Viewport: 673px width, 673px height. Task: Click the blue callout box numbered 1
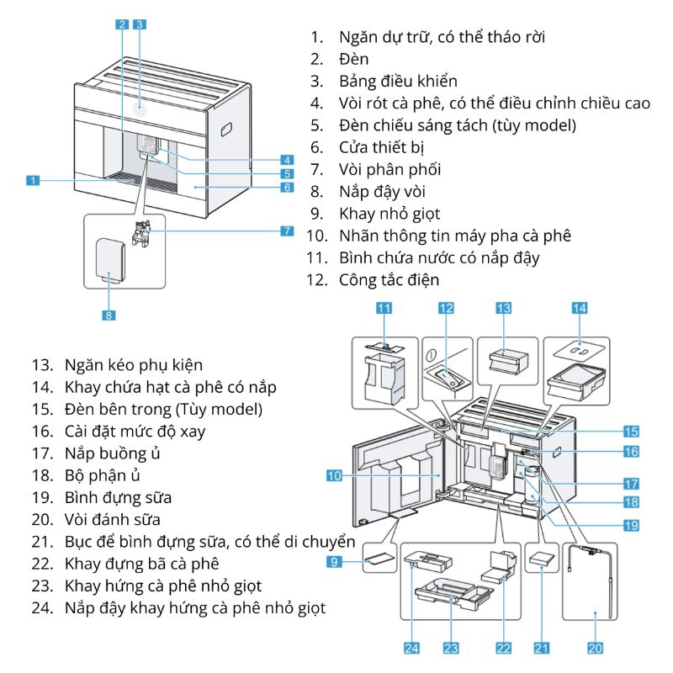coord(32,179)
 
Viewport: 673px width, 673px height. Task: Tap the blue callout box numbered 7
coord(287,230)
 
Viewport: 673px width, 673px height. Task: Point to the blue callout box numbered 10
coord(334,475)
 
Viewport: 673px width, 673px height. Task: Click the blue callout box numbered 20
coord(596,648)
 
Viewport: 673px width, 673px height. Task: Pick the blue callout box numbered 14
coord(580,309)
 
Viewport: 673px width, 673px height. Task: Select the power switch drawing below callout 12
coord(446,370)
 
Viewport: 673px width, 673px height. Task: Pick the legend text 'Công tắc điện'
coord(389,279)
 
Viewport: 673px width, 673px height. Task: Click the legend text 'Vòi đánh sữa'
coord(112,518)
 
